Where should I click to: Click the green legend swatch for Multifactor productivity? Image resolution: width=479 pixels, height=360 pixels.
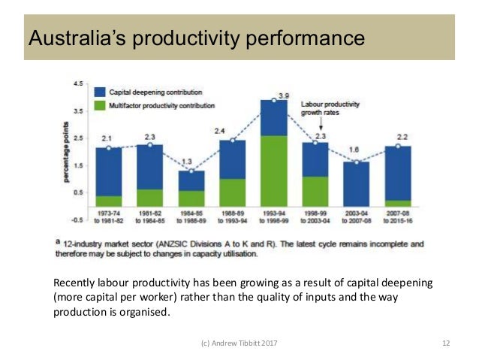click(x=100, y=106)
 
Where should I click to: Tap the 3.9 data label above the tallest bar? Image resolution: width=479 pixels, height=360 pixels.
click(x=284, y=96)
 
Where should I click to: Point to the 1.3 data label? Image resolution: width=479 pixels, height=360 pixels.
click(x=191, y=161)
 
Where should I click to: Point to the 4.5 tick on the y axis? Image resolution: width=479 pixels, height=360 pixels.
click(x=77, y=84)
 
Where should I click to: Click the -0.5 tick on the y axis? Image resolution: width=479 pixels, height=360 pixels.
click(x=76, y=219)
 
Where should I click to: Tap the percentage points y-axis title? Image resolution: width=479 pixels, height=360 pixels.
click(x=67, y=152)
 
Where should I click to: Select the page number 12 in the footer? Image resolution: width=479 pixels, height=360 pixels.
click(x=446, y=343)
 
